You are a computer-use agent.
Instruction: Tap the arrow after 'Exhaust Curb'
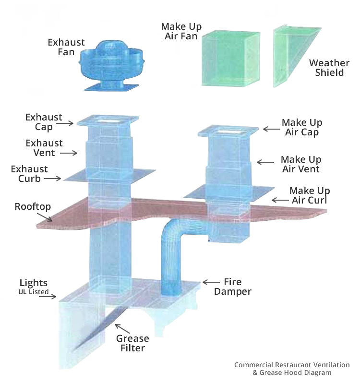click(x=54, y=179)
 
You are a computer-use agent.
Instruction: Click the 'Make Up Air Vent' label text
click(x=301, y=164)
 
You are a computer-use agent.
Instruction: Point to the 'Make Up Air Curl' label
click(x=310, y=195)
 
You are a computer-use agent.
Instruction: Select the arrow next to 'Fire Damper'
click(x=211, y=282)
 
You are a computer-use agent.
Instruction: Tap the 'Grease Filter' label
click(x=133, y=343)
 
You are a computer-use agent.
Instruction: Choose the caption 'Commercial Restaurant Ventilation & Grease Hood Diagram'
click(x=292, y=369)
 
